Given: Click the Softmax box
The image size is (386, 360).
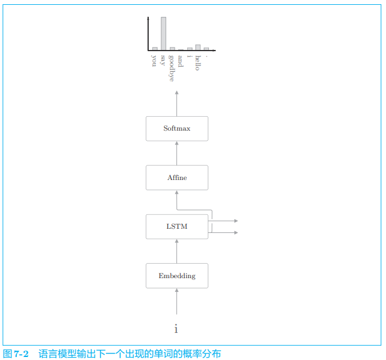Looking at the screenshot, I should (176, 128).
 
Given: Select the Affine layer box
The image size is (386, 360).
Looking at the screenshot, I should (176, 178).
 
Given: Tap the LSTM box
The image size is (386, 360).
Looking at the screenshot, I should (176, 226).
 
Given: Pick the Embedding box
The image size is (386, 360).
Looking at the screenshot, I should (176, 276).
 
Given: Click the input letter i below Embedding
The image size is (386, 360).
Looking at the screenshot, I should (176, 329).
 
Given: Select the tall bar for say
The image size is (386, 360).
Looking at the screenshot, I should (163, 33).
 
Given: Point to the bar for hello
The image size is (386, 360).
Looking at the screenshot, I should (198, 47).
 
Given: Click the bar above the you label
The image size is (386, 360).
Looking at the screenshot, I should (155, 48).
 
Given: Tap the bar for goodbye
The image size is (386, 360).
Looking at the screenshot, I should (172, 48).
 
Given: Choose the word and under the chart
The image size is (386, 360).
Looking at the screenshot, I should (181, 60).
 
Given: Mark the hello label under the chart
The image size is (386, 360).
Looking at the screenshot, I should (198, 63).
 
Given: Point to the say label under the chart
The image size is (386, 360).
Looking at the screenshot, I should (163, 60).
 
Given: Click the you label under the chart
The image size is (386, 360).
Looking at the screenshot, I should (155, 60).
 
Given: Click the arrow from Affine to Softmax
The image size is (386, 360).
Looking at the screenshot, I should (176, 153).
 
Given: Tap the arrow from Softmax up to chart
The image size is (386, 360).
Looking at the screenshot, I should (176, 104).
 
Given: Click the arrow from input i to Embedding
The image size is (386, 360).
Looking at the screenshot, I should (176, 301).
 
